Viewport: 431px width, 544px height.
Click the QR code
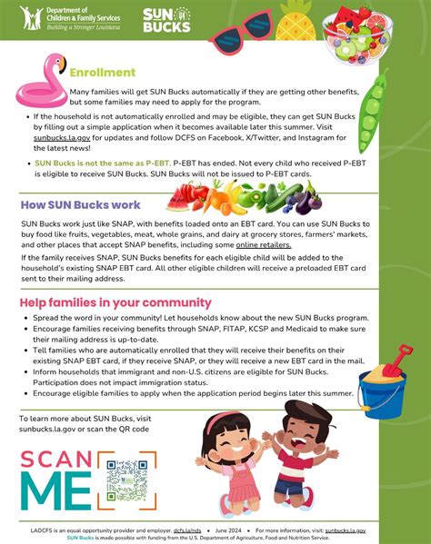126,480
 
